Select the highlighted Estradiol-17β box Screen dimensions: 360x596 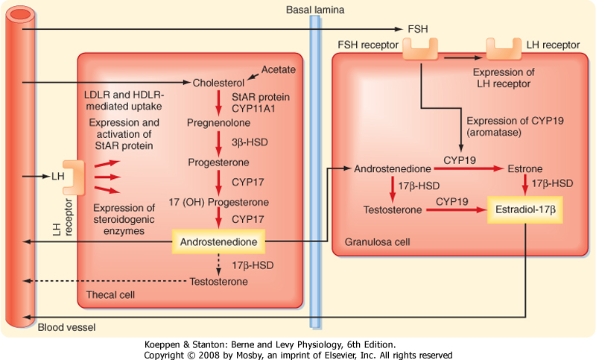pos(524,212)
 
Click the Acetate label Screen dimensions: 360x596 pos(279,69)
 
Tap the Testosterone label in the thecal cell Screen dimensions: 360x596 pos(218,282)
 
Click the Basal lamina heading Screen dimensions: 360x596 pos(315,8)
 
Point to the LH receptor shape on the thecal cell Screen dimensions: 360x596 pos(74,177)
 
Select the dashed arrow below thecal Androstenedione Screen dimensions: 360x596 pos(218,262)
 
